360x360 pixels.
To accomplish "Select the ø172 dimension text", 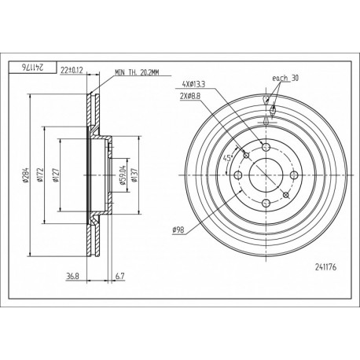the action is point(39,174).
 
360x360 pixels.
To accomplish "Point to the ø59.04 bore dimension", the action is point(123,175).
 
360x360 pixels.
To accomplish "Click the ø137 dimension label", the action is point(134,175).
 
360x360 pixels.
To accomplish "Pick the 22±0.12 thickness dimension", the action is point(72,70).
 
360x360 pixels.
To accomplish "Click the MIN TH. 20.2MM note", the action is point(137,72).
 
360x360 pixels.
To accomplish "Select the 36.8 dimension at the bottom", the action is point(72,276).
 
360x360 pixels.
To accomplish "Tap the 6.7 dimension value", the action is point(119,276).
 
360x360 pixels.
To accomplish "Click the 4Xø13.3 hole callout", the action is point(193,84).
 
